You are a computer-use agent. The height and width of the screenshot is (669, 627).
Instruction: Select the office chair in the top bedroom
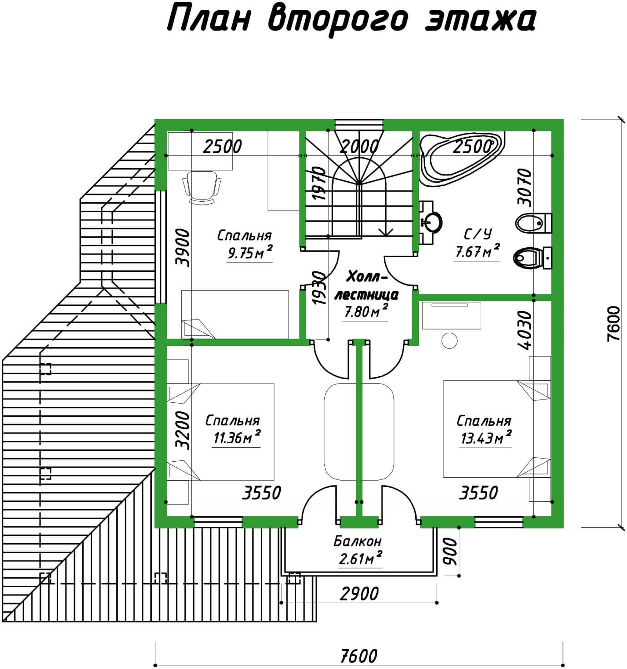pos(202,187)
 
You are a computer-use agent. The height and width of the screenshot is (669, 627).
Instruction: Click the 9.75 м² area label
pos(249,253)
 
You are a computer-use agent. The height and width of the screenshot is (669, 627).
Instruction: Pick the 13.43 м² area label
pos(486,438)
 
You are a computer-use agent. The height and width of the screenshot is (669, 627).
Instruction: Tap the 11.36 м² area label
pos(237,438)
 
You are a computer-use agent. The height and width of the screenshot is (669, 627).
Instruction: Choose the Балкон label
pos(358,541)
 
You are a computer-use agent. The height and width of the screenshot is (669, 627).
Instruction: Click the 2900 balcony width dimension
pos(359,594)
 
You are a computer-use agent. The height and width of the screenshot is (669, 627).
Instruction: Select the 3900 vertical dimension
pos(183,248)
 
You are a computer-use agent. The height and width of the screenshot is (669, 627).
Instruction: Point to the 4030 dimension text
pos(525,330)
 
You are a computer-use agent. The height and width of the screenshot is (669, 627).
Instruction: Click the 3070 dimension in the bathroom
pos(525,188)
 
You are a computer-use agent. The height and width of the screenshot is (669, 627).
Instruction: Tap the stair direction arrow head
pos(386,232)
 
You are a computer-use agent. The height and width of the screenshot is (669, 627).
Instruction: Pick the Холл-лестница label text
pos(366,286)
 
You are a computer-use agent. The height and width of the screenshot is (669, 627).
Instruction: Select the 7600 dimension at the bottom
pos(358,656)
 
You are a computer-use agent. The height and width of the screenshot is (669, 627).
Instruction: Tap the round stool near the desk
pos(449,341)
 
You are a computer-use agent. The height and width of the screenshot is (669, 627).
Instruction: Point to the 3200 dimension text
pos(183,430)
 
